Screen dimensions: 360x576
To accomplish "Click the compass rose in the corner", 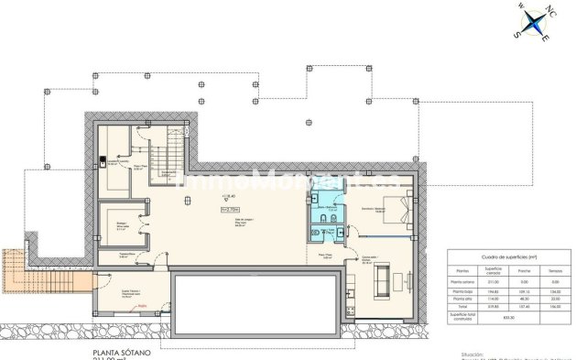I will coord(530,22).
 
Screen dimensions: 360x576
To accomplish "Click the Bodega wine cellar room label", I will coord(121,224).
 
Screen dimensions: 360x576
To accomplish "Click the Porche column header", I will coord(525,271).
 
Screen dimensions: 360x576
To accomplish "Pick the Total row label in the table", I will coord(462,307).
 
